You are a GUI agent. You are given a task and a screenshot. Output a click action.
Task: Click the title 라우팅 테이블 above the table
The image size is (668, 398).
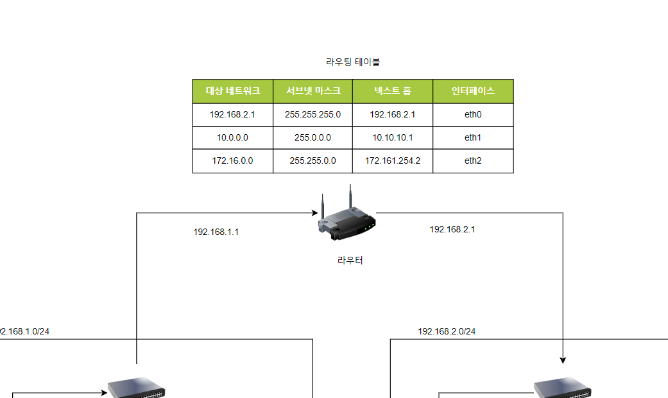click(353, 62)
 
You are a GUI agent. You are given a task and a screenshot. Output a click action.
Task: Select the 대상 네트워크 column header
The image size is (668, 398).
click(233, 91)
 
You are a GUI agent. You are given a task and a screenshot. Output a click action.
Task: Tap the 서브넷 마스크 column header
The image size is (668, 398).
click(313, 91)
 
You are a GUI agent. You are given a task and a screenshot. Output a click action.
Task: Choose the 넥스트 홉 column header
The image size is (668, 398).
click(393, 91)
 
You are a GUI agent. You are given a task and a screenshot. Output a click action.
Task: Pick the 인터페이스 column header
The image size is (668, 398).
click(473, 91)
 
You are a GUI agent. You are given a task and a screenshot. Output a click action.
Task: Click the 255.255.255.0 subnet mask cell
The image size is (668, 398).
click(313, 115)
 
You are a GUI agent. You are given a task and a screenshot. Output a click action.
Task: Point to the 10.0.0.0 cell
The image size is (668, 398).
click(233, 138)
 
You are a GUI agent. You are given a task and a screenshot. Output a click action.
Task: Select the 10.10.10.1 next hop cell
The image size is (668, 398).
click(393, 138)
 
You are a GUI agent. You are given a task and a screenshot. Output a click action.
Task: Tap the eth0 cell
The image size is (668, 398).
click(473, 115)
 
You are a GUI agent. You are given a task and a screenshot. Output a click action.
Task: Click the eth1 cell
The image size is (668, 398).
click(473, 138)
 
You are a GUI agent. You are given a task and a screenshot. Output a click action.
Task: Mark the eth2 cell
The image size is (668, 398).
click(473, 161)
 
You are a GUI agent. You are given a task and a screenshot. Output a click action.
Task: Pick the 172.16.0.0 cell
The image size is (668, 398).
click(233, 161)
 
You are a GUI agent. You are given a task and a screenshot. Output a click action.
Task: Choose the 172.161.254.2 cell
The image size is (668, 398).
click(393, 161)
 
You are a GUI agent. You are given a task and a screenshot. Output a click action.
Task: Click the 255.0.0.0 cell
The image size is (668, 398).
click(313, 138)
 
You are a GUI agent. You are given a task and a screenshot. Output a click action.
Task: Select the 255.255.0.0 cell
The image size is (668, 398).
click(313, 161)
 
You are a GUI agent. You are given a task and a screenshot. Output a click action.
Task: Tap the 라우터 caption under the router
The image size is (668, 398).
click(350, 261)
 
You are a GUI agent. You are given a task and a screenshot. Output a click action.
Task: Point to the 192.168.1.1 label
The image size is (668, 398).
click(216, 232)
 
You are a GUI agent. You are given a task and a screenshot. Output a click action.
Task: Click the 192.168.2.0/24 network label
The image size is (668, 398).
click(447, 332)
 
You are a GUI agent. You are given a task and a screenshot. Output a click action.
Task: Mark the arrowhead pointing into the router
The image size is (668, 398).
click(315, 212)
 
